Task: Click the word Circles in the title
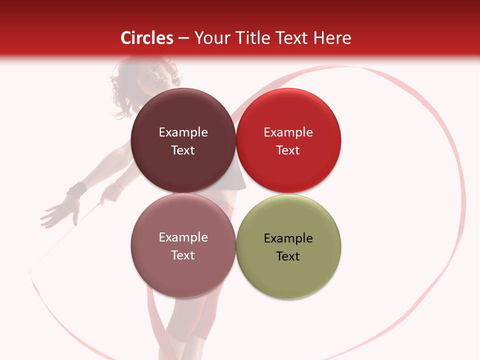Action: pyautogui.click(x=146, y=38)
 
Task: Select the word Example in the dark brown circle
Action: pyautogui.click(x=183, y=132)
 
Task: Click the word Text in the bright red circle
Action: pyautogui.click(x=288, y=150)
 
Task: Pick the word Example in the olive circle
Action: pyautogui.click(x=288, y=238)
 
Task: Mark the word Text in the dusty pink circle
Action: pyautogui.click(x=183, y=255)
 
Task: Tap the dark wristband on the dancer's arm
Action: pyautogui.click(x=76, y=190)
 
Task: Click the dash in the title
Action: pyautogui.click(x=183, y=38)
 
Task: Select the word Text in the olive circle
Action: pyautogui.click(x=288, y=256)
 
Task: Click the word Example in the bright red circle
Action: pyautogui.click(x=288, y=132)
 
